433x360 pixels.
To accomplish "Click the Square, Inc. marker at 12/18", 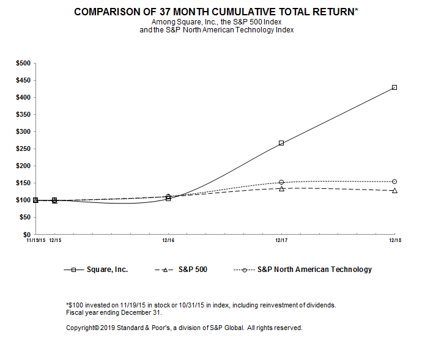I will (x=394, y=87).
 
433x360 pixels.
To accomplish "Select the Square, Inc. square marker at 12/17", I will (x=281, y=143).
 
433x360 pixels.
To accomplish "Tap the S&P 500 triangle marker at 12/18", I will (x=394, y=191).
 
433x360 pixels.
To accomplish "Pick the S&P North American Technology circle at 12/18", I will (x=394, y=182).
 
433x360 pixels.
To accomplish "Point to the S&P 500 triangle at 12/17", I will (x=281, y=189).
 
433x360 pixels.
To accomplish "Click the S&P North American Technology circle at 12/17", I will (x=281, y=182).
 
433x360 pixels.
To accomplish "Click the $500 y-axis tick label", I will (x=23, y=63).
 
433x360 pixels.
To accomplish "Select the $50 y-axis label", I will (x=25, y=217).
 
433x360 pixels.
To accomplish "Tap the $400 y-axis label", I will (x=23, y=97).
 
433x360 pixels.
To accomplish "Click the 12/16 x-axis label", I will (x=168, y=241).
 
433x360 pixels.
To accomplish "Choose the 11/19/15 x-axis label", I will (x=35, y=241).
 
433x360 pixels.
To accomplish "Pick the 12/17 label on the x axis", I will (x=281, y=241).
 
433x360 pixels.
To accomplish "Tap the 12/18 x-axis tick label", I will (x=394, y=241).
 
